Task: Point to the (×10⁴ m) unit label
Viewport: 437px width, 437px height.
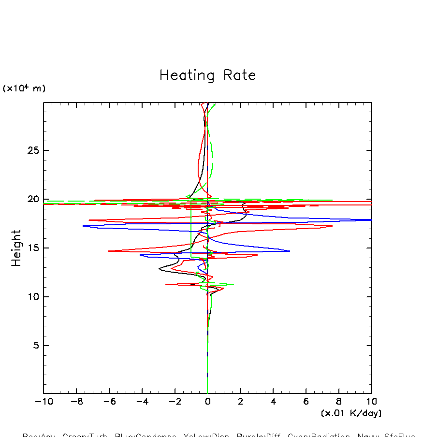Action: (24, 88)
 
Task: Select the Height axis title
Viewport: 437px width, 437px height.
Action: (16, 248)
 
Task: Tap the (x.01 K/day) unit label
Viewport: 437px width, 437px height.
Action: (351, 413)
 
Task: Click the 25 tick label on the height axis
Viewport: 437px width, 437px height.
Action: (32, 150)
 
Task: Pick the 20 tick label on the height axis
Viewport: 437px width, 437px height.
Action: (32, 199)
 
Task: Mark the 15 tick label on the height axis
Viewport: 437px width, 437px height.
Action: (32, 248)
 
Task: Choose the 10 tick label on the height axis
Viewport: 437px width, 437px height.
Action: (32, 297)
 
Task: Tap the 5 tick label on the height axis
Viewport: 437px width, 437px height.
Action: (35, 346)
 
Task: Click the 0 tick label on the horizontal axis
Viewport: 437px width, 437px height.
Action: (207, 402)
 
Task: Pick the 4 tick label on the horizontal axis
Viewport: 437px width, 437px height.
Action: (273, 402)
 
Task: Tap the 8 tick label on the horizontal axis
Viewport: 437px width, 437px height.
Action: (338, 402)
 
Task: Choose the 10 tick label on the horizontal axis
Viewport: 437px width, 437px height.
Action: (371, 402)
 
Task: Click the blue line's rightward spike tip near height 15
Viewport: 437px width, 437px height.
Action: (290, 251)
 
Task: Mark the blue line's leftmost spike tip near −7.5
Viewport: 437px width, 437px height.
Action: (83, 226)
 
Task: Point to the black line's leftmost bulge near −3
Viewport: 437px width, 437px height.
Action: (159, 269)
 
